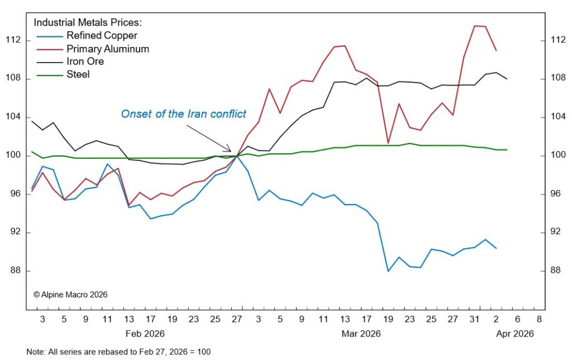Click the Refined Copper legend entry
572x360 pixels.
pyautogui.click(x=102, y=36)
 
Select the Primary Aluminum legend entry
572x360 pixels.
pyautogui.click(x=108, y=49)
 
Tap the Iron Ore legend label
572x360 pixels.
pyautogui.click(x=85, y=61)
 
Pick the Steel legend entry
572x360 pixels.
pyautogui.click(x=78, y=74)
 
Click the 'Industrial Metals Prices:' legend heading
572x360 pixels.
pyautogui.click(x=88, y=23)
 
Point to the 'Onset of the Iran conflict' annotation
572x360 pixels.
pyautogui.click(x=183, y=114)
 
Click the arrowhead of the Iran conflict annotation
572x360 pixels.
pyautogui.click(x=230, y=150)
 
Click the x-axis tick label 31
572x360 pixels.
pyautogui.click(x=474, y=320)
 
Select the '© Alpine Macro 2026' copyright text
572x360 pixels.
pyautogui.click(x=70, y=294)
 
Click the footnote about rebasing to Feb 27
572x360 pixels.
pyautogui.click(x=119, y=352)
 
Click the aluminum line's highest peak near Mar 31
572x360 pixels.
pyautogui.click(x=475, y=26)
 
